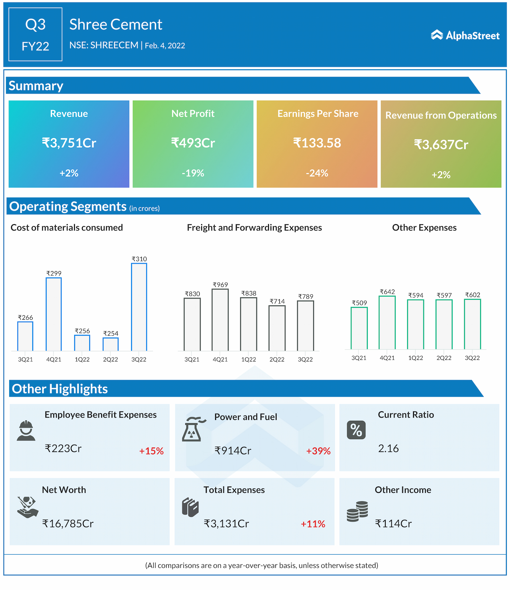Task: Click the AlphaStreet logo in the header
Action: (465, 35)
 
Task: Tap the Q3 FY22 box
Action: (35, 35)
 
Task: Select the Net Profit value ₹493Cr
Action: (193, 143)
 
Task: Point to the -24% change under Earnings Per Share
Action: (317, 173)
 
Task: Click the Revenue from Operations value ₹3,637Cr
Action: (441, 145)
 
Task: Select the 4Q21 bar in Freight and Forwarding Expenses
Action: (220, 320)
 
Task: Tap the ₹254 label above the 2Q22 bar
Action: (110, 334)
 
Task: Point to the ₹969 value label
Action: (220, 285)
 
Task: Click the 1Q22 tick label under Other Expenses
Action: (416, 358)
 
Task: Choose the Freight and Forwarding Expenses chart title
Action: (254, 228)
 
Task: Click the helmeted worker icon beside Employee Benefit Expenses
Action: (26, 430)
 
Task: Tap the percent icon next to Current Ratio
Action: (356, 430)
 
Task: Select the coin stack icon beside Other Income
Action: (357, 512)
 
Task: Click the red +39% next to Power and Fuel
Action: (318, 451)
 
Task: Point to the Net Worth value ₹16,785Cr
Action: (68, 524)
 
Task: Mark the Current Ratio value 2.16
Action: (388, 449)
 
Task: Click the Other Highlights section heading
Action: (60, 389)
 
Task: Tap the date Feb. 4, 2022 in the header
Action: (165, 46)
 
